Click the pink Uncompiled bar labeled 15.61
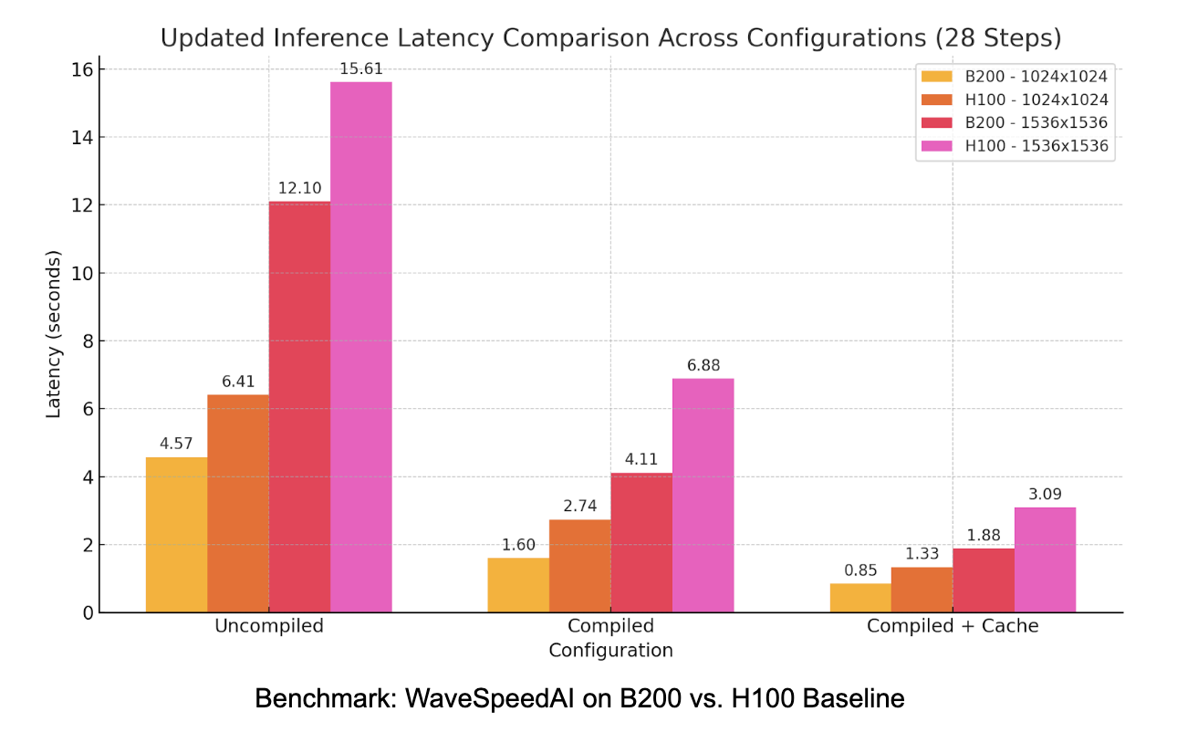[360, 347]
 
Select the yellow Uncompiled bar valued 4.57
[176, 535]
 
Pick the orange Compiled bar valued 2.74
[579, 566]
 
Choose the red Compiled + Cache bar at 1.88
[984, 581]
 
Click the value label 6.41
[237, 382]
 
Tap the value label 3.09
[1045, 495]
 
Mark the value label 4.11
[641, 460]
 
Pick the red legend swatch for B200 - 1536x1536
[937, 122]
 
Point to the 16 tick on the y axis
[83, 69]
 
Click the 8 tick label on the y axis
[88, 341]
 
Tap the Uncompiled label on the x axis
[268, 626]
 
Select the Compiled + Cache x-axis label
[953, 626]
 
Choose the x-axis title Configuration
[610, 651]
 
